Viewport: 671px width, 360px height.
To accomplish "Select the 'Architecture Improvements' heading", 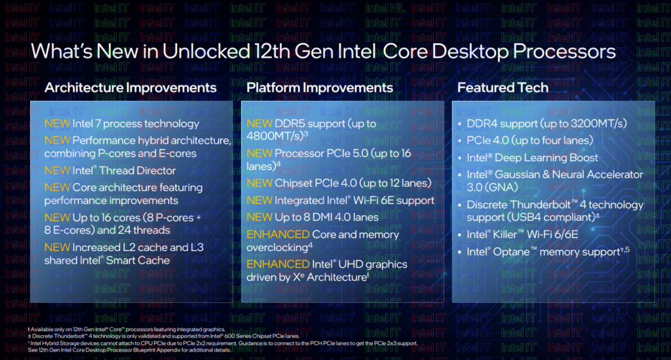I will pos(130,87).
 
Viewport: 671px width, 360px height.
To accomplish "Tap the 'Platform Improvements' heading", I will pos(320,87).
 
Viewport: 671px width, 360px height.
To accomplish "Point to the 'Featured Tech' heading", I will pos(503,87).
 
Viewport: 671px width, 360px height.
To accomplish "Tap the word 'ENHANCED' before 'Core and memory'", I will pos(277,234).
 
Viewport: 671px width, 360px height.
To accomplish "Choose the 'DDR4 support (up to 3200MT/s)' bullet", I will pos(546,123).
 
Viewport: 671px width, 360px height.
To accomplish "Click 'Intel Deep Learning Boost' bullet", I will pos(532,157).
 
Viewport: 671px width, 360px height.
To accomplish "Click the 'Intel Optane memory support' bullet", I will pos(546,252).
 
